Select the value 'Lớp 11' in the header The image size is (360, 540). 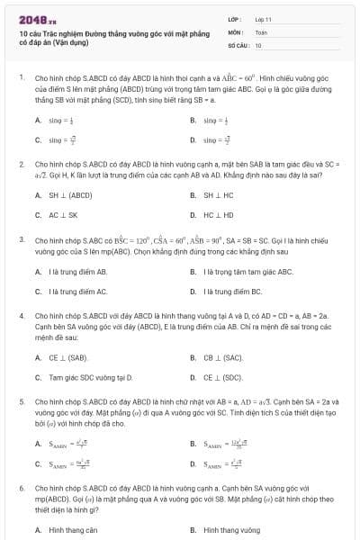pyautogui.click(x=263, y=18)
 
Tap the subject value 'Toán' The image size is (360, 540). pyautogui.click(x=261, y=31)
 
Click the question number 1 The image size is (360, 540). pyautogui.click(x=21, y=78)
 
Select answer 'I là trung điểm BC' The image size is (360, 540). pyautogui.click(x=232, y=292)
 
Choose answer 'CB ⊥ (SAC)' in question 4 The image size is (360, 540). pyautogui.click(x=222, y=357)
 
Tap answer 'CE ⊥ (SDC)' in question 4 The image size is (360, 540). pyautogui.click(x=222, y=377)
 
